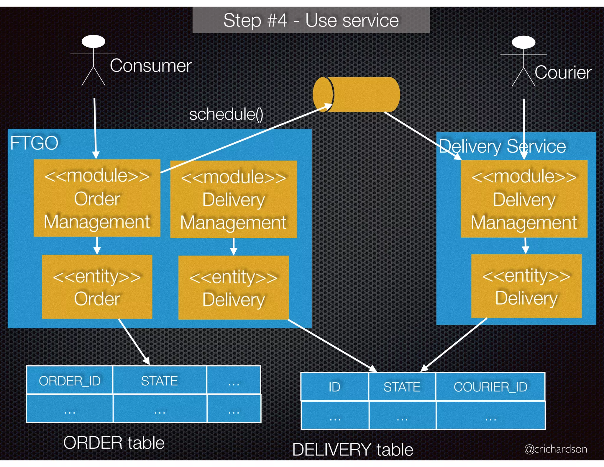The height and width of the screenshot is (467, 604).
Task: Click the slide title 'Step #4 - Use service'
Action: click(311, 20)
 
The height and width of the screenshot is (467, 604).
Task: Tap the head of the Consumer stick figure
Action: click(93, 42)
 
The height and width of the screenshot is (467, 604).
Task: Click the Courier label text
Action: click(563, 73)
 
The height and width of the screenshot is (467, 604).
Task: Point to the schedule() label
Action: click(226, 114)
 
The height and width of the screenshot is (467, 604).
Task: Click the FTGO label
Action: click(34, 143)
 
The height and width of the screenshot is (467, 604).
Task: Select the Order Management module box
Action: click(97, 198)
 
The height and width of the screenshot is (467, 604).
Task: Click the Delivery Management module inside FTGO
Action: click(233, 199)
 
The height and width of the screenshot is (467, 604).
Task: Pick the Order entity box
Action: click(97, 287)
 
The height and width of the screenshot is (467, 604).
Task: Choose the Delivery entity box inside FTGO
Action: click(233, 288)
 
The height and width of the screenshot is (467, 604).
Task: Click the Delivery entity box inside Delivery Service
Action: click(526, 286)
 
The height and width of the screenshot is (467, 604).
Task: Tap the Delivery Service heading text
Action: click(502, 146)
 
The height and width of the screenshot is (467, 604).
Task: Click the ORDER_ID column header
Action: click(70, 381)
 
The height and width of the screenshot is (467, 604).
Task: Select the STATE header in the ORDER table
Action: click(159, 381)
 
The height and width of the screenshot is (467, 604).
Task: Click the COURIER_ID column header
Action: click(490, 387)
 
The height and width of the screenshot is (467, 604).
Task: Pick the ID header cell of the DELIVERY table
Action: click(334, 387)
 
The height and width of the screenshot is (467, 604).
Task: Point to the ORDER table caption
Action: click(114, 443)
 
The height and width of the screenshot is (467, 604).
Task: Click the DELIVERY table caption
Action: click(353, 450)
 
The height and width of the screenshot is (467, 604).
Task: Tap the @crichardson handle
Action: click(555, 449)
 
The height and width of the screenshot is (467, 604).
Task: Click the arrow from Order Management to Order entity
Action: click(97, 246)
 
